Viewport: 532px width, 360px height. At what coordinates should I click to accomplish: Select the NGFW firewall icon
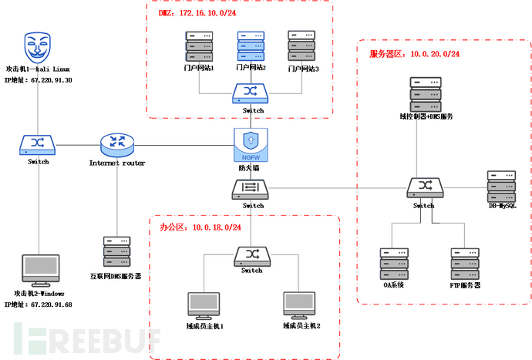tap(251, 143)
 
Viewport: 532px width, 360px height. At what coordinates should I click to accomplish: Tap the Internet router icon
tap(117, 143)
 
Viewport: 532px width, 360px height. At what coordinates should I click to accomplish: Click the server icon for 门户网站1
tap(198, 45)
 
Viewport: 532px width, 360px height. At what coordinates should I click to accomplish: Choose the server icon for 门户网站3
tap(301, 45)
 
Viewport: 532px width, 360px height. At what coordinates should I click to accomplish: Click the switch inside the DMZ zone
tap(251, 93)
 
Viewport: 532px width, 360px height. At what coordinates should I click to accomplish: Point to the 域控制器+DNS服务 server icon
tap(426, 94)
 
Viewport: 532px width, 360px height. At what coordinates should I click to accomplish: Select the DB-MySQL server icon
tap(501, 185)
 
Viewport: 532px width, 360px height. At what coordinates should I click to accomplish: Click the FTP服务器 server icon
tap(465, 263)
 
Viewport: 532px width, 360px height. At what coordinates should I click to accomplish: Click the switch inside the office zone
tap(251, 255)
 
